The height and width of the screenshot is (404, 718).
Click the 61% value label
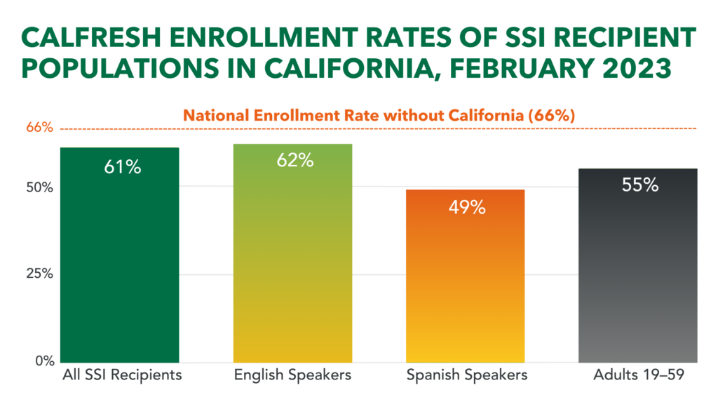(121, 168)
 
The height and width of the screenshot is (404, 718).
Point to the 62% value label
(293, 161)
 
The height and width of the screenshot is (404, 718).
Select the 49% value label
(466, 208)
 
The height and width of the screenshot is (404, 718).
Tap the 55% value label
(639, 186)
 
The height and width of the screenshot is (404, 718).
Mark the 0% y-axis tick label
(43, 361)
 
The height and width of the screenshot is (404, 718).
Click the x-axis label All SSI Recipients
(121, 375)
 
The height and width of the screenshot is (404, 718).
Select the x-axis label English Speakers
(292, 375)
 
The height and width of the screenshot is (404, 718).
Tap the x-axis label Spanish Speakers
(466, 375)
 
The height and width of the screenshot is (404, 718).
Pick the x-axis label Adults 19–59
(639, 375)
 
